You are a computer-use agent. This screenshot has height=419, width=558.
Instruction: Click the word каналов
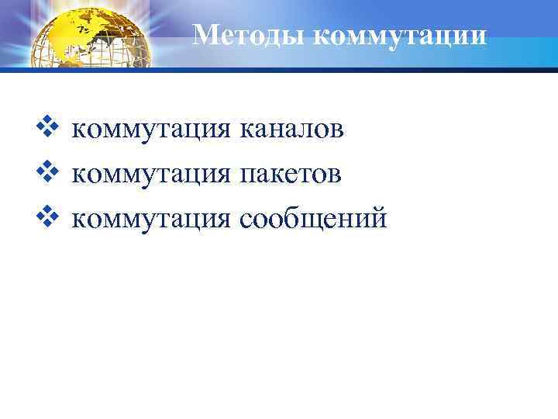[x=292, y=131]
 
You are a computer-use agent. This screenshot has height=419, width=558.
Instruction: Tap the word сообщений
[x=313, y=221]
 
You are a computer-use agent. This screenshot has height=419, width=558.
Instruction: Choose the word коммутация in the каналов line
[x=151, y=131]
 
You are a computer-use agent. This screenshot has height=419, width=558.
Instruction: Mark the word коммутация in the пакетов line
[x=151, y=176]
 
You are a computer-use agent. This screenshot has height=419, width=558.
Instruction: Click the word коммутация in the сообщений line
[x=151, y=221]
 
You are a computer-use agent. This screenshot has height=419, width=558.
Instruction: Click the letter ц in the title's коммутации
[x=458, y=36]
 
